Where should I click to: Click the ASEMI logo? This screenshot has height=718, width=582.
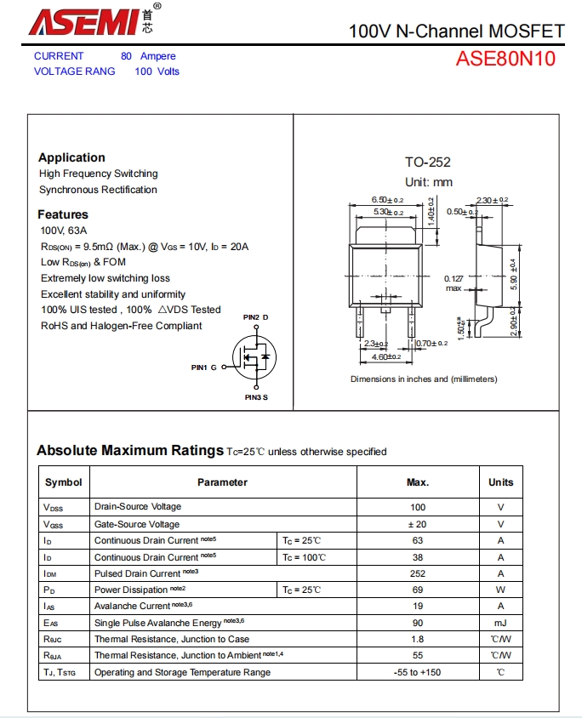coord(85,20)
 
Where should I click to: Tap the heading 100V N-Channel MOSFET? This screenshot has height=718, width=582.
coord(456,31)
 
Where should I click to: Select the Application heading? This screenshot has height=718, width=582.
coord(71,157)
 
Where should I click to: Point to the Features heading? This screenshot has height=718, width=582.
coord(63,214)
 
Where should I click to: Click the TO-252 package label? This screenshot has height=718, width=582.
coord(427,162)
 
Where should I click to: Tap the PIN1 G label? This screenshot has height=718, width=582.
coord(204,368)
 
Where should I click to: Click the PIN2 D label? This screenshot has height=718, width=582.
coord(255,317)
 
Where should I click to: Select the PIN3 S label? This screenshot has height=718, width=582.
coord(256,397)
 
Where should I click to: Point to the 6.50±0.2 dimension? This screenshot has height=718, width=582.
coord(387,200)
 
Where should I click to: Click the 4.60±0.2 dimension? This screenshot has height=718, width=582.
coord(387,357)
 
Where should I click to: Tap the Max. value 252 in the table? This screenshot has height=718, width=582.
coord(417,573)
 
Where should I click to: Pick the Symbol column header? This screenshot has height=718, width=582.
coord(64,482)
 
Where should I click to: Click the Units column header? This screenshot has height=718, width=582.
coord(500,482)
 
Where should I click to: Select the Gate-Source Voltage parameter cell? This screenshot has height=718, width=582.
coord(137,524)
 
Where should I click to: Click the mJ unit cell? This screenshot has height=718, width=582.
coord(500,623)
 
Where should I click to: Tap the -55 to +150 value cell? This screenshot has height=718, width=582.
coord(417,672)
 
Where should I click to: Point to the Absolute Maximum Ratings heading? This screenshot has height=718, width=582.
coord(129,451)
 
